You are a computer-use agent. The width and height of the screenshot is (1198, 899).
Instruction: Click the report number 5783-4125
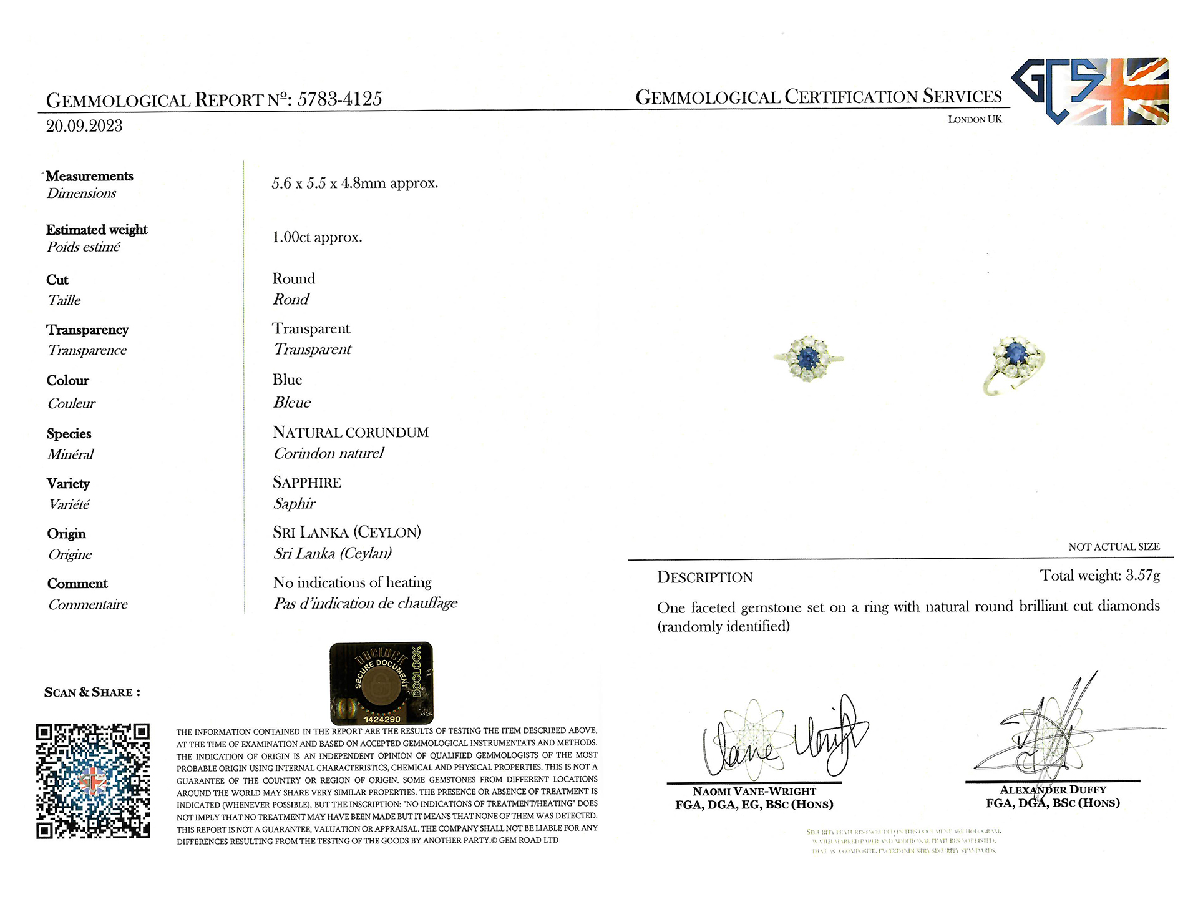pos(339,99)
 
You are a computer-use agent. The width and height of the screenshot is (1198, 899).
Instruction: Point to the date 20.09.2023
pos(84,126)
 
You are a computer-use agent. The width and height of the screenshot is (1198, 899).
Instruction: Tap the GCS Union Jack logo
pos(1090,91)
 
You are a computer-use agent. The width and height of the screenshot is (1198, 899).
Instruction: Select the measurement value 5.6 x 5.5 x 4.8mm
pos(354,184)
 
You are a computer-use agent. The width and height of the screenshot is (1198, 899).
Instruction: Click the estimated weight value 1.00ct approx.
pos(317,237)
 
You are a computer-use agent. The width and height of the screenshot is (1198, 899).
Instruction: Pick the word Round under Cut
pos(293,278)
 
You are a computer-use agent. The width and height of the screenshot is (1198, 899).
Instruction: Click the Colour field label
pos(68,380)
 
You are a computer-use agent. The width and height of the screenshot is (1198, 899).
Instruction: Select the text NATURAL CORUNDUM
pos(351,432)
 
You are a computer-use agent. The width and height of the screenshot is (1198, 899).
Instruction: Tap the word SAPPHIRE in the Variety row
pos(307,483)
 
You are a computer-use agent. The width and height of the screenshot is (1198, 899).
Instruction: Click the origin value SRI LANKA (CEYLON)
pos(347,532)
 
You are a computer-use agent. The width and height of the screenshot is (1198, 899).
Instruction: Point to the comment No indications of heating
pos(352,582)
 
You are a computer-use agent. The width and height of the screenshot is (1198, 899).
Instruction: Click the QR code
pos(93,780)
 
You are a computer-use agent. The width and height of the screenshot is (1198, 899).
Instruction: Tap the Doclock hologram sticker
pos(381,683)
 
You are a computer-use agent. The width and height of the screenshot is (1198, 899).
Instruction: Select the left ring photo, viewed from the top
pos(808,358)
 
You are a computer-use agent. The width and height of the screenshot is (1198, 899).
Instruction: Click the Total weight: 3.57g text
pos(1099,576)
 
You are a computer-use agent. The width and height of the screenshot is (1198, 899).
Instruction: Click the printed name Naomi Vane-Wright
pos(754,791)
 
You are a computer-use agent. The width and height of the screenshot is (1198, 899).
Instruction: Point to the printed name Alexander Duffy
pos(1053,790)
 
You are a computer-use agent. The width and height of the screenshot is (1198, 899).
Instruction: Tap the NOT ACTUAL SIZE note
pos(1114,547)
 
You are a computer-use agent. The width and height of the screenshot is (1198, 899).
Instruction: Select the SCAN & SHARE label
pos(92,692)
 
